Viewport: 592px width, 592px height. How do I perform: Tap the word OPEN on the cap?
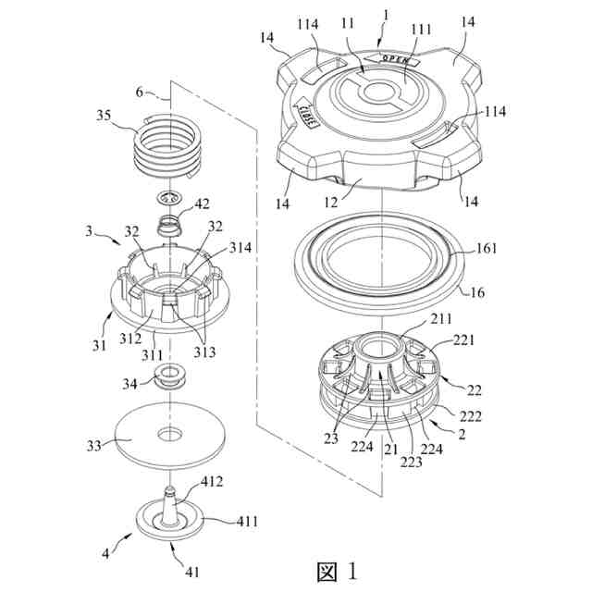click(396, 62)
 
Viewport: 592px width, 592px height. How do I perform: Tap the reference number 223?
click(406, 460)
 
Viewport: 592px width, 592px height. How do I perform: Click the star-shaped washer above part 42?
click(170, 197)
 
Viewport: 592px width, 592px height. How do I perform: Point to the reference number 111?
click(420, 31)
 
